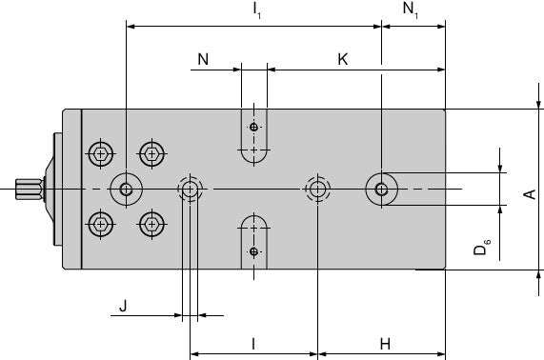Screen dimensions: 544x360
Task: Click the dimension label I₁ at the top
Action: click(257, 10)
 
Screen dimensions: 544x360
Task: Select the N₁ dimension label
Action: click(411, 10)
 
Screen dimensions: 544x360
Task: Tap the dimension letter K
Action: click(343, 59)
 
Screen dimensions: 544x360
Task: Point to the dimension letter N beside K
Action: click(203, 59)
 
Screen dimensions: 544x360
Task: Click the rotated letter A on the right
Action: click(530, 194)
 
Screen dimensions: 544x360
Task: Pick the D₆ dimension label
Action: click(481, 247)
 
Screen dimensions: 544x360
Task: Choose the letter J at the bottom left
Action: click(123, 307)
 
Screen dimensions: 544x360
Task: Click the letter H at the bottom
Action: click(385, 344)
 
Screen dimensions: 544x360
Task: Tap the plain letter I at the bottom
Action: click(253, 344)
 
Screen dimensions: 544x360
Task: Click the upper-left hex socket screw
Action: click(101, 153)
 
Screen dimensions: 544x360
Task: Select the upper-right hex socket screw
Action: click(151, 153)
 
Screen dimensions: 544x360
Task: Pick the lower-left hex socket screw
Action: click(101, 224)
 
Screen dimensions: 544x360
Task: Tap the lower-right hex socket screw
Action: click(151, 224)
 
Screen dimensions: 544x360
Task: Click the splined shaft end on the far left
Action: click(30, 190)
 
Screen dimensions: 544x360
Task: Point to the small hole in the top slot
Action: click(254, 127)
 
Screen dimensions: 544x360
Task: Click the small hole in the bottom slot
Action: click(254, 251)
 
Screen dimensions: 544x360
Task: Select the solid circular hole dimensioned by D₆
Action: click(382, 189)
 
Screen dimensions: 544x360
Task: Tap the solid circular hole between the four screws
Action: click(127, 189)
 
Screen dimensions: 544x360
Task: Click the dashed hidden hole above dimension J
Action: click(191, 189)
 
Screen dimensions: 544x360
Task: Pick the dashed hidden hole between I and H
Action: click(317, 189)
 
